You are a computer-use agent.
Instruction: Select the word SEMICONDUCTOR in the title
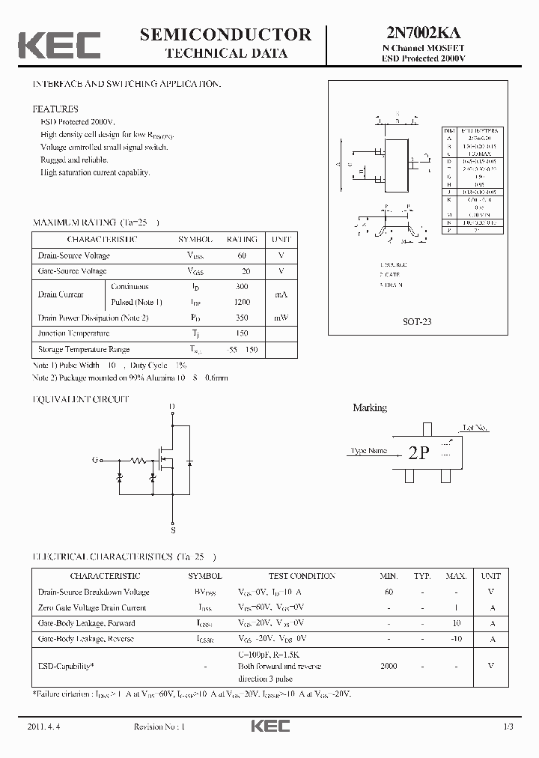(x=225, y=34)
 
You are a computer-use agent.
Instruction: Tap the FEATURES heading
(x=55, y=109)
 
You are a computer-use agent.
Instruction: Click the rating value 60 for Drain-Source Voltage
(x=242, y=255)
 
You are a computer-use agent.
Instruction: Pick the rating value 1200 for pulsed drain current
(x=242, y=302)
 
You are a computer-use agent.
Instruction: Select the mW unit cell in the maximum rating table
(x=281, y=318)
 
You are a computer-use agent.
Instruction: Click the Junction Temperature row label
(x=73, y=333)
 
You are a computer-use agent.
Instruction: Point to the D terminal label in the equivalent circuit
(x=172, y=407)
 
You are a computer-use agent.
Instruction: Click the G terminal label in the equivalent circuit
(x=95, y=460)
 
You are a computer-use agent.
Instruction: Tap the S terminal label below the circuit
(x=173, y=530)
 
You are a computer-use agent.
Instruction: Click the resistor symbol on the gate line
(x=138, y=460)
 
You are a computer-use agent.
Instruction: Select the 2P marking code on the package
(x=418, y=453)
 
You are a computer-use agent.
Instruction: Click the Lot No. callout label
(x=475, y=428)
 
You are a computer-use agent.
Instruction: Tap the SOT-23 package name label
(x=417, y=321)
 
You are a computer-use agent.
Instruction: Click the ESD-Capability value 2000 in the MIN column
(x=389, y=666)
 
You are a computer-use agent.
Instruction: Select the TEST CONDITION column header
(x=302, y=576)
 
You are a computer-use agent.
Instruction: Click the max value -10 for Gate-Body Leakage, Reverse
(x=456, y=638)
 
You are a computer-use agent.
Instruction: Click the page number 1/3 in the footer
(x=508, y=727)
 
